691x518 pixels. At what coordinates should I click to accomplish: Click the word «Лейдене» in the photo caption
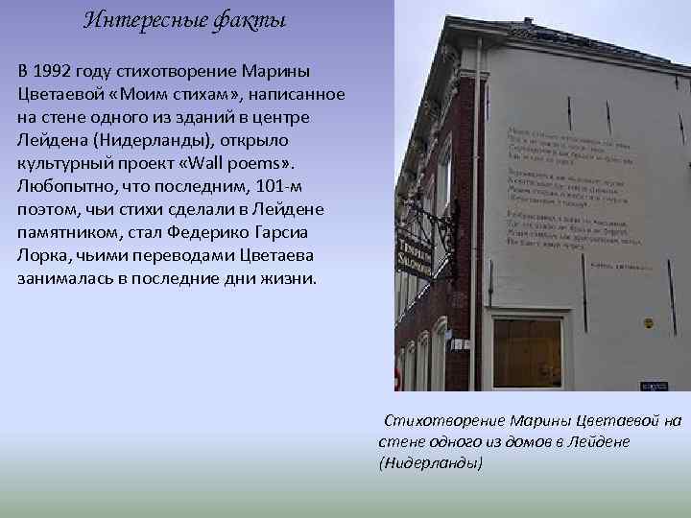(x=595, y=440)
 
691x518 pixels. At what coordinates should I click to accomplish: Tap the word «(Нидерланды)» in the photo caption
(x=432, y=461)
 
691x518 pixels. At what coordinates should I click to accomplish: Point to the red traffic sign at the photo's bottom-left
(x=398, y=376)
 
